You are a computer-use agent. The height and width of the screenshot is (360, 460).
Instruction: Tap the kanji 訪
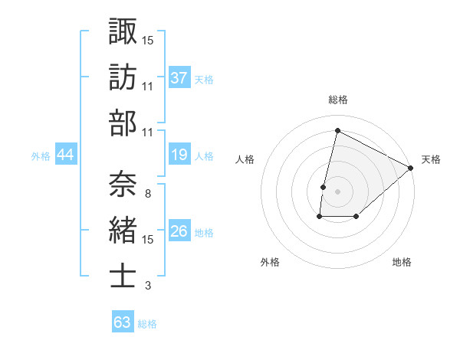pos(123,77)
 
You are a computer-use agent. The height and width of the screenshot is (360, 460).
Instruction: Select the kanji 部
pos(123,123)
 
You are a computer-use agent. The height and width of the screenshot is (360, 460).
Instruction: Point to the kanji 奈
pos(123,182)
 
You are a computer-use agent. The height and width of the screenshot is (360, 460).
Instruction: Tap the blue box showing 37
pos(179,77)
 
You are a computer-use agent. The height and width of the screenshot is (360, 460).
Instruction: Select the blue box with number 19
pos(179,155)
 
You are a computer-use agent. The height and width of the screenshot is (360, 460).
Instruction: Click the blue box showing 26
pos(179,231)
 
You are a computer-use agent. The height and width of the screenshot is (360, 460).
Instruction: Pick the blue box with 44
pos(65,155)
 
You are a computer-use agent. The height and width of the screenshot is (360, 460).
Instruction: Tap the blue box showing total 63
pos(122,322)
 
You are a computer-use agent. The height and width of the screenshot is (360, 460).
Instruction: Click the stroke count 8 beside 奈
pos(147,193)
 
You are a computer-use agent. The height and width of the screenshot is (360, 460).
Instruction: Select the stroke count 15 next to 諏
pos(147,39)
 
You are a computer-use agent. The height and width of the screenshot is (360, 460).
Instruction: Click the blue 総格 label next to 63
pos(147,324)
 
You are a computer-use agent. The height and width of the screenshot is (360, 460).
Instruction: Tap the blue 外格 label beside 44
pos(41,156)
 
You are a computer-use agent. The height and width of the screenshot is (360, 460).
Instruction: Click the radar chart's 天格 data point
pos(412,168)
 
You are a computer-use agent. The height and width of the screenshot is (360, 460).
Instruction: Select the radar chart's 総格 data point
pos(337,130)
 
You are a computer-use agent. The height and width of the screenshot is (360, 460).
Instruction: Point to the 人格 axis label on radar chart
pos(245,160)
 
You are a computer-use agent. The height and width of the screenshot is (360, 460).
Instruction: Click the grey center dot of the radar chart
pos(337,191)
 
